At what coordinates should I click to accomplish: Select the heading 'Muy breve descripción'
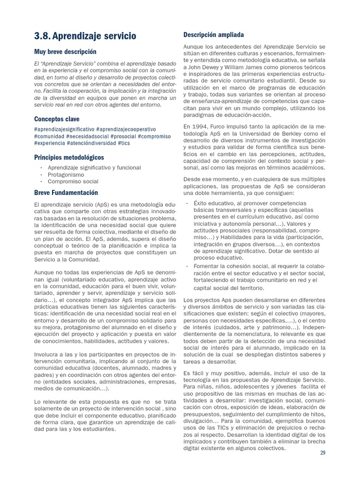(x=65, y=52)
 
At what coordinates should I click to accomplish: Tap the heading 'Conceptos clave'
(x=57, y=119)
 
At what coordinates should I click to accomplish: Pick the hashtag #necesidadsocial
(x=87, y=136)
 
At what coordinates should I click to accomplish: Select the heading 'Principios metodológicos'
(x=69, y=157)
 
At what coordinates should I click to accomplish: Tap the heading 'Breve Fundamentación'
(x=66, y=193)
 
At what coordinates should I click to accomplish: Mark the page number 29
(x=322, y=453)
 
